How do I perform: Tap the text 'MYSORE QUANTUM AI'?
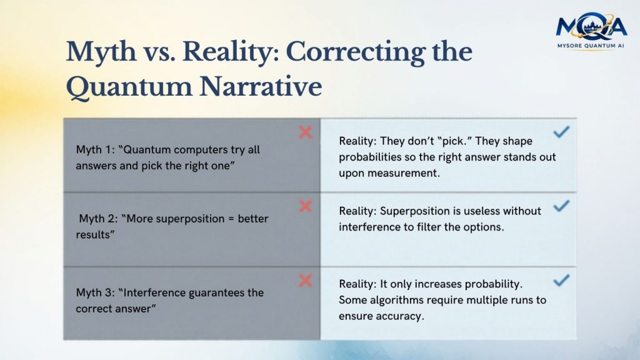[x=591, y=46]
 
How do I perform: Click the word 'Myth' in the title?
[x=101, y=51]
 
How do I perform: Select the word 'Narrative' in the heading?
[x=261, y=86]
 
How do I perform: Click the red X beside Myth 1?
[x=305, y=132]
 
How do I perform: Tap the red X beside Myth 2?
[x=305, y=206]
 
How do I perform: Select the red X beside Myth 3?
[x=305, y=281]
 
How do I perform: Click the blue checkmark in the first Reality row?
[x=561, y=131]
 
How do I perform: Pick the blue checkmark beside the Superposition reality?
[x=561, y=206]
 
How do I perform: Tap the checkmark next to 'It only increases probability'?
[x=561, y=280]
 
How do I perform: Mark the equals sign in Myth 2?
[x=231, y=219]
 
